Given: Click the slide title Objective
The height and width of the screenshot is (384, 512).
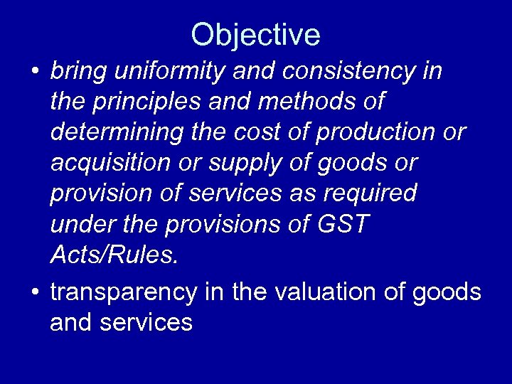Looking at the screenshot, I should point(255,35).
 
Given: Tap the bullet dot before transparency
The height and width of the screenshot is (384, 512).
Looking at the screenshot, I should point(34,293).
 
